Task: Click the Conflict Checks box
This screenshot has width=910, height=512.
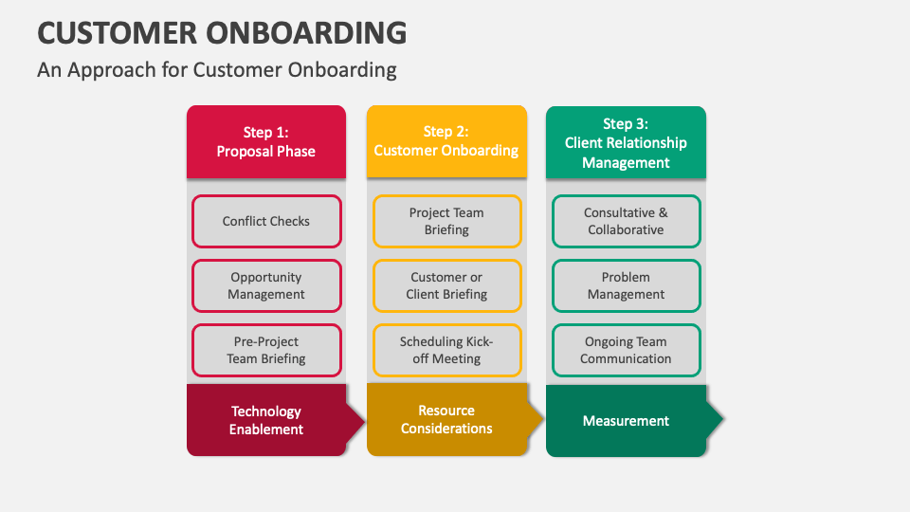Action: pos(266,221)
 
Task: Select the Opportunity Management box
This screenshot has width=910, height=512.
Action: pos(266,285)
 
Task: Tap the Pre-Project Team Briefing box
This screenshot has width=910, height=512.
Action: pos(266,350)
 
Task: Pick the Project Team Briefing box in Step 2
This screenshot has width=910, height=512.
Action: pos(446,221)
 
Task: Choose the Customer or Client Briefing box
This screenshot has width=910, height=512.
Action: pos(446,285)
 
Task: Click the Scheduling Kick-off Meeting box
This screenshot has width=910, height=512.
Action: pos(446,350)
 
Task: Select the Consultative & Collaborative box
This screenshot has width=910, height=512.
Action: pos(626,221)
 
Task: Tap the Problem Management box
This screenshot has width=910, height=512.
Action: pos(626,285)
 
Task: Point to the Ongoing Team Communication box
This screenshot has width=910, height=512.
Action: pos(626,350)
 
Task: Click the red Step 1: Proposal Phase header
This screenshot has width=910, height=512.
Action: pos(266,141)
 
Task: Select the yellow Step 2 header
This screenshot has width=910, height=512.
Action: pos(446,141)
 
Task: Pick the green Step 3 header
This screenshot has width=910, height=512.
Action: pos(626,141)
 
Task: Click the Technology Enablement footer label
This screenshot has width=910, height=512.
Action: pos(266,420)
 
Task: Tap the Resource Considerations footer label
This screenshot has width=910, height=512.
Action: pos(446,419)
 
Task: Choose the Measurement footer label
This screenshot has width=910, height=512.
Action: pos(626,420)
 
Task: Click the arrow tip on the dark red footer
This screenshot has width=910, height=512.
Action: pos(359,420)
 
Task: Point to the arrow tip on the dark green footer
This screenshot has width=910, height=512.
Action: pos(719,419)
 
